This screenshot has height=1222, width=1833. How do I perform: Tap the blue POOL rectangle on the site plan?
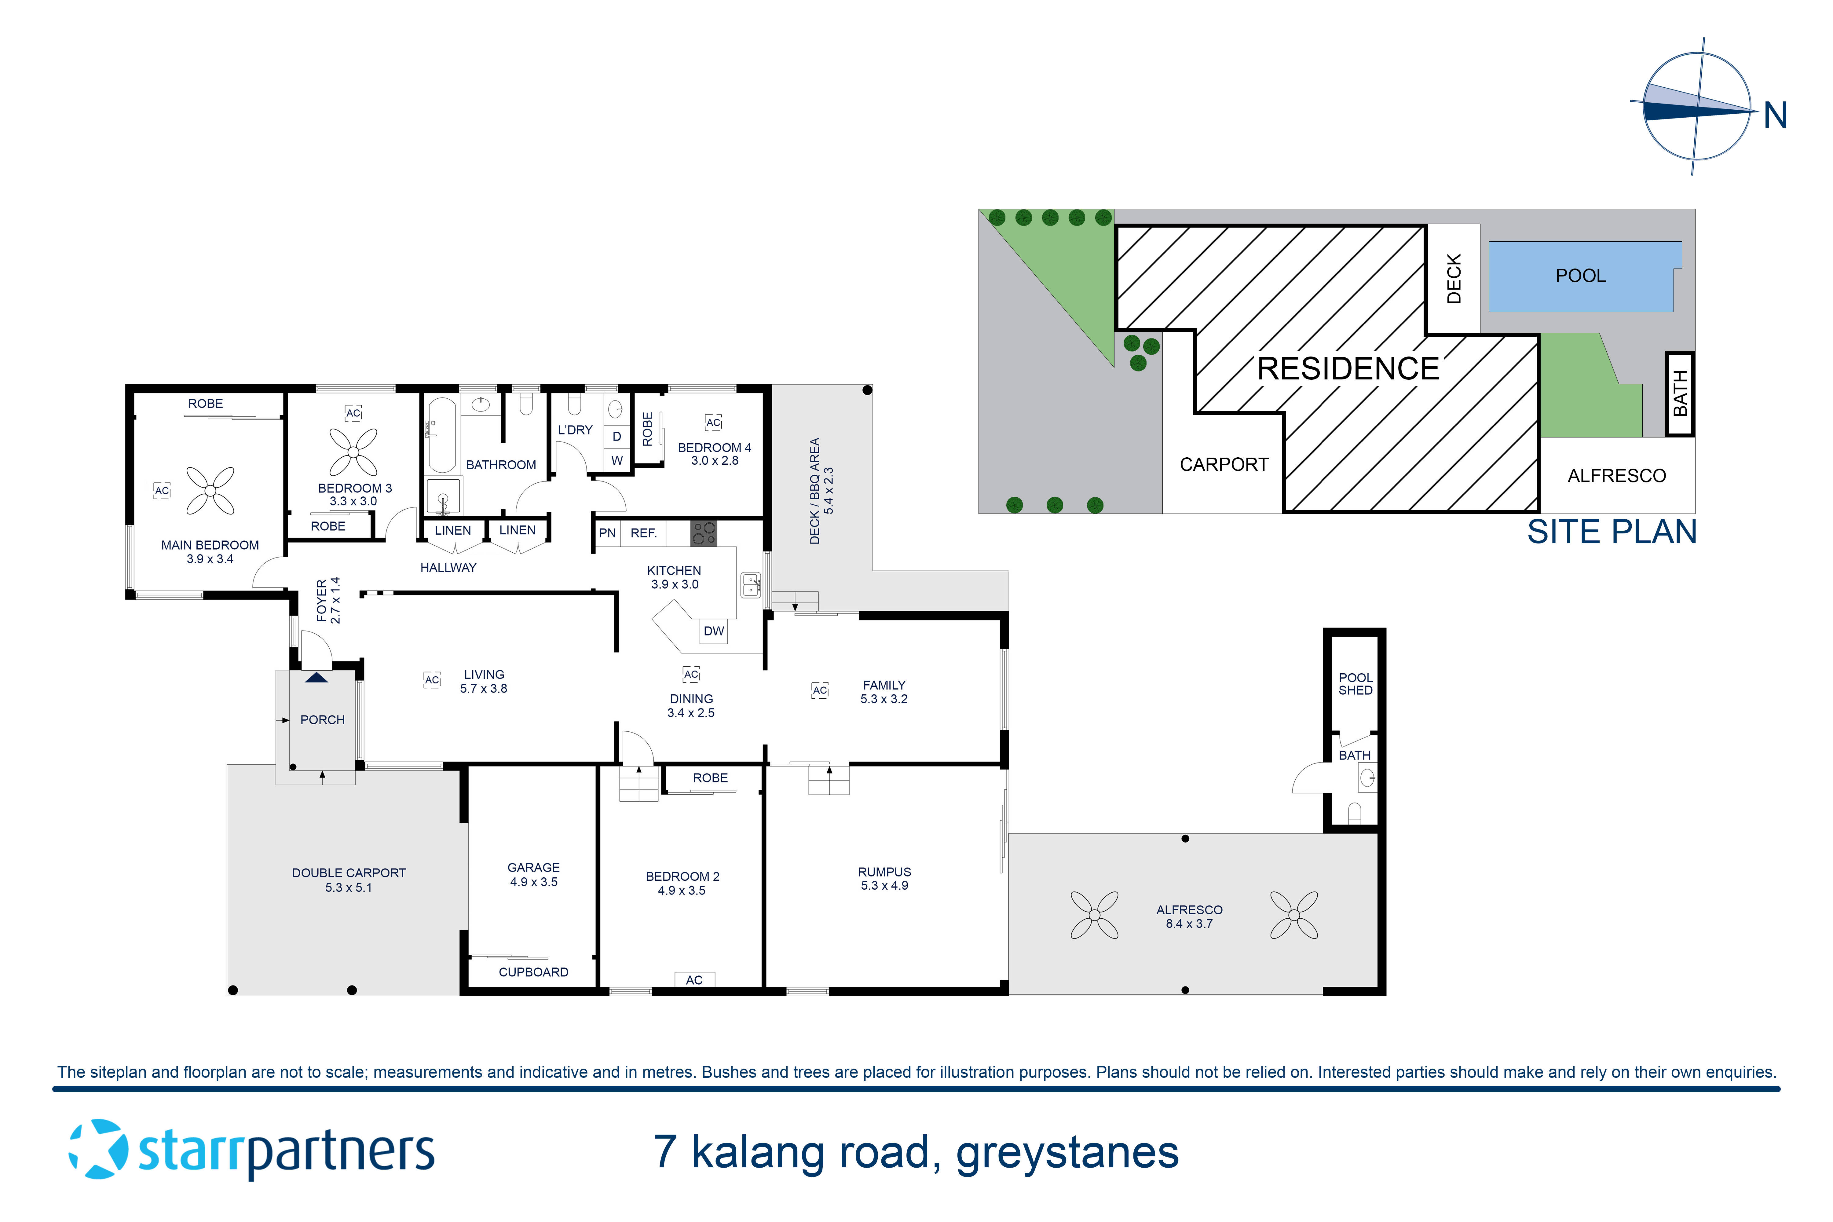point(1580,276)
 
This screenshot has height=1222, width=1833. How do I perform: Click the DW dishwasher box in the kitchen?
point(713,631)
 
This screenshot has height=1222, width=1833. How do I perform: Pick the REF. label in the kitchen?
point(644,533)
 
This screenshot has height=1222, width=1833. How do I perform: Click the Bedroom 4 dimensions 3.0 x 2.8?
point(715,461)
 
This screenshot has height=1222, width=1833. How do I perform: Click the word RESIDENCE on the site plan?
point(1348,369)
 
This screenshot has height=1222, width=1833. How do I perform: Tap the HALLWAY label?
point(448,567)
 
